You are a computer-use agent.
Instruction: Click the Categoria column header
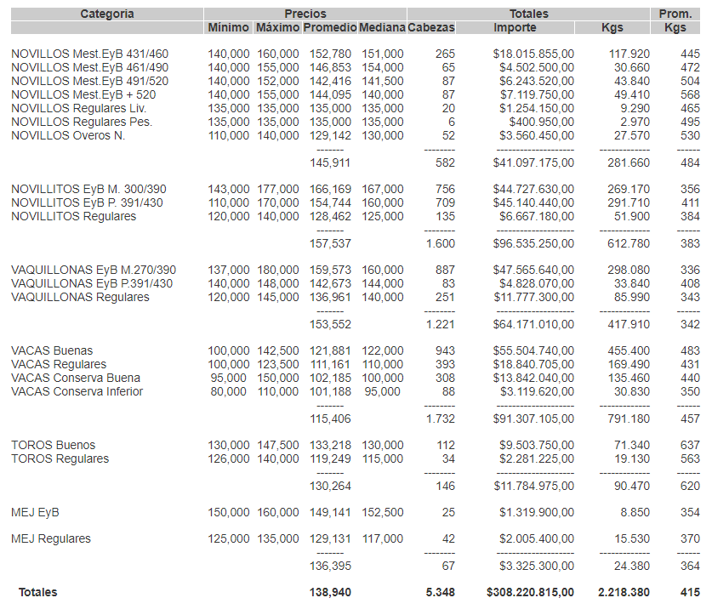(107, 14)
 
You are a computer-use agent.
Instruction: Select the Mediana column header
(382, 28)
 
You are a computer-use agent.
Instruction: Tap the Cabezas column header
(431, 28)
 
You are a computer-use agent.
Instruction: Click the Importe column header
(515, 28)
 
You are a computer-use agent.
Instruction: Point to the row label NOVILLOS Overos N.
(68, 136)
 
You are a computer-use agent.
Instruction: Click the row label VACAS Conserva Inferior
(77, 392)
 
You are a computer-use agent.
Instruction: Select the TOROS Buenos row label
(53, 446)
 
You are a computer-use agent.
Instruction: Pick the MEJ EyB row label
(35, 513)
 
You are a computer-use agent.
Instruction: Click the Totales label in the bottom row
(38, 592)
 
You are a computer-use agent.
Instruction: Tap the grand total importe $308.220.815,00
(530, 592)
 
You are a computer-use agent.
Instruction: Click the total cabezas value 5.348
(440, 592)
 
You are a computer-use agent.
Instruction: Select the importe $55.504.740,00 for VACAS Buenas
(533, 351)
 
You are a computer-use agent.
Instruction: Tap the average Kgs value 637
(690, 446)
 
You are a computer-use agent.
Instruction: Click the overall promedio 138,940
(330, 592)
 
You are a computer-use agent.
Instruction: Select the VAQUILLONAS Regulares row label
(80, 298)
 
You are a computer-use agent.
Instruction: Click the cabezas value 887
(443, 270)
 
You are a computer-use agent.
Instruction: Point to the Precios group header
(305, 14)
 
